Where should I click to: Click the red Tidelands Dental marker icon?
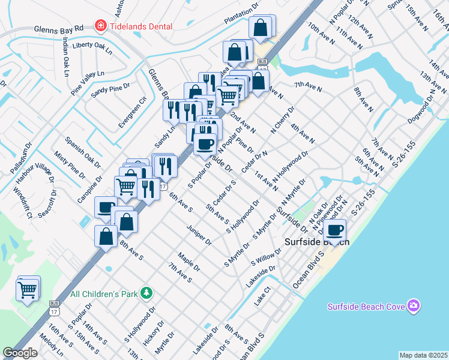click(100, 26)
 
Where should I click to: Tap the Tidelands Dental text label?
click(140, 26)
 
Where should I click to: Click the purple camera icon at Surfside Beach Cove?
click(413, 307)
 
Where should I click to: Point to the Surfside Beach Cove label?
click(366, 307)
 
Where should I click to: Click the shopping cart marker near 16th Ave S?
click(28, 290)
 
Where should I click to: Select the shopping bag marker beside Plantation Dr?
click(261, 27)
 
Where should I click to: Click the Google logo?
click(20, 353)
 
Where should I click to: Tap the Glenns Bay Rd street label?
click(58, 29)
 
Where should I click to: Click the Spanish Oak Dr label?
click(83, 152)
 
